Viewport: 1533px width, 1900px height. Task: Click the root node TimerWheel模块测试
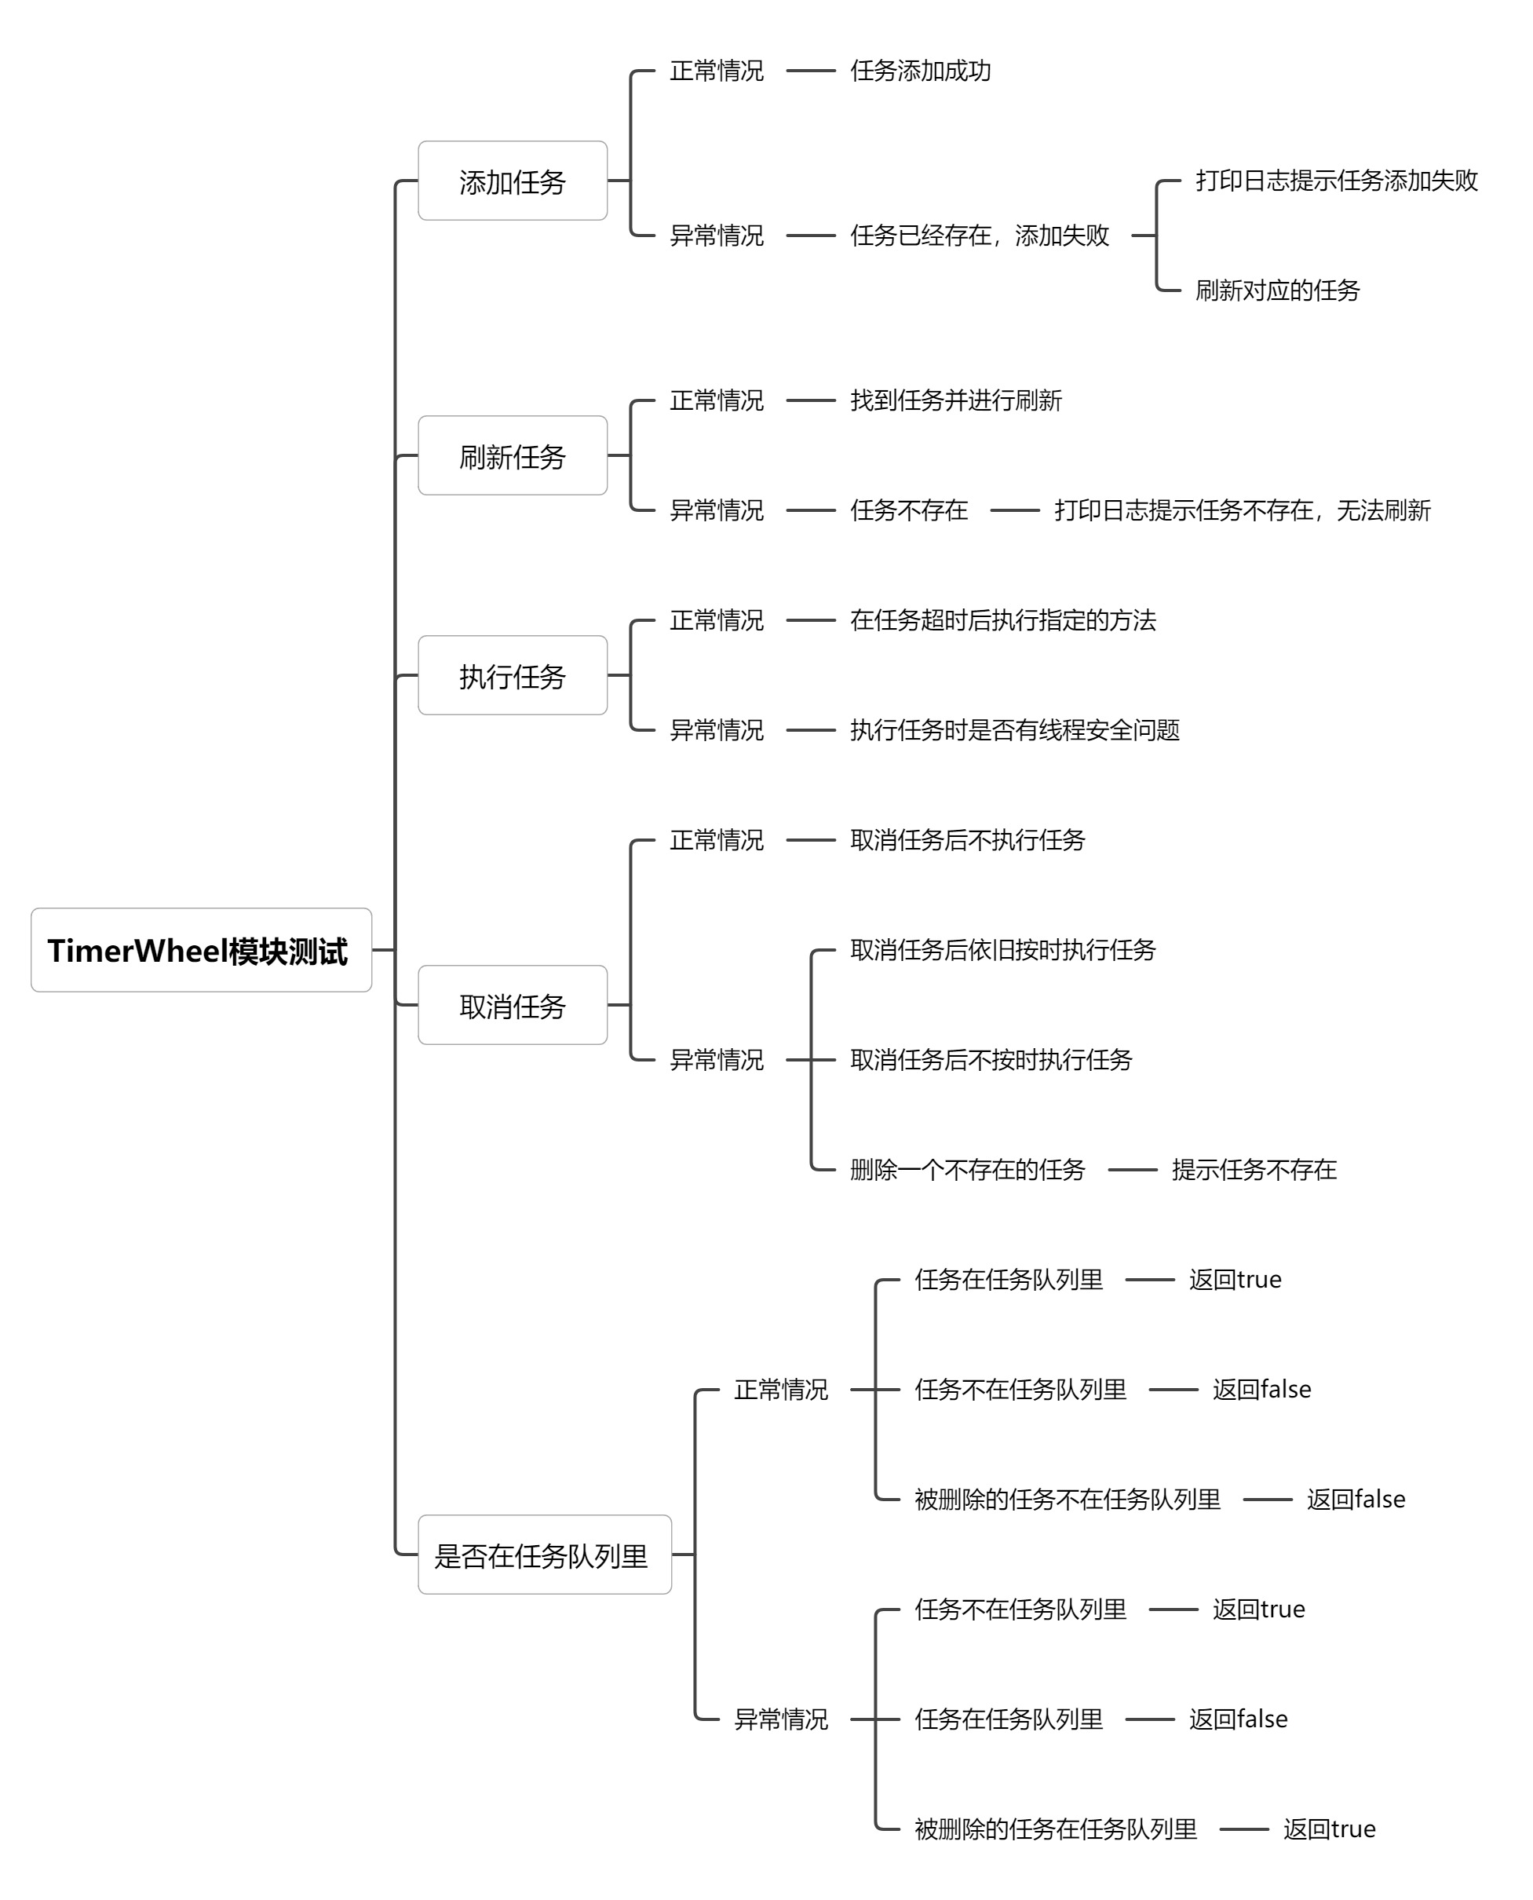click(200, 951)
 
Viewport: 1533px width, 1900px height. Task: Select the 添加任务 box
click(512, 181)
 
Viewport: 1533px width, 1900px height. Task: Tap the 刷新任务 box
click(512, 456)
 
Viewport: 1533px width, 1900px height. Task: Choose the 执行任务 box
click(512, 676)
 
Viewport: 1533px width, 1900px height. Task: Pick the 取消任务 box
click(512, 1005)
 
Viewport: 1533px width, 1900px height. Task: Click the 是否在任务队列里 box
click(544, 1555)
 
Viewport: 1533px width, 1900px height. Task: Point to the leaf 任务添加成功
click(920, 71)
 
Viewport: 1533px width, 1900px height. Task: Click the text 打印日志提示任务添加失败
click(1336, 181)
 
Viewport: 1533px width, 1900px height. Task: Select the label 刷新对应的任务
click(1277, 290)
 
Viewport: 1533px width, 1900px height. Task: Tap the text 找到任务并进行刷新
click(955, 400)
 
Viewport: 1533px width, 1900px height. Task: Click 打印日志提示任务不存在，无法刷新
click(1242, 510)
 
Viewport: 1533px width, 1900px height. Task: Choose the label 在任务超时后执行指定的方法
click(1002, 620)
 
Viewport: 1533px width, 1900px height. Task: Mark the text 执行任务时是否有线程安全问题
click(1015, 729)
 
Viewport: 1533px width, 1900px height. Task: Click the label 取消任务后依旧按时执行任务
click(1002, 949)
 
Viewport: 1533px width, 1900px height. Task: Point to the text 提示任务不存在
click(1254, 1170)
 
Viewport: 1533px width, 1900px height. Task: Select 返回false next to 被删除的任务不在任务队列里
click(1356, 1499)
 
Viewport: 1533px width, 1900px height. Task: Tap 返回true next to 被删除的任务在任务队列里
click(1329, 1829)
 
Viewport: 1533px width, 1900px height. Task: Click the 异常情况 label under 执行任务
click(716, 729)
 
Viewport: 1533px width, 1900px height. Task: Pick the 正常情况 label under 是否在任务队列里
click(780, 1390)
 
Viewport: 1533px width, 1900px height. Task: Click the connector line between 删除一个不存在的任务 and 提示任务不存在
click(1132, 1170)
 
